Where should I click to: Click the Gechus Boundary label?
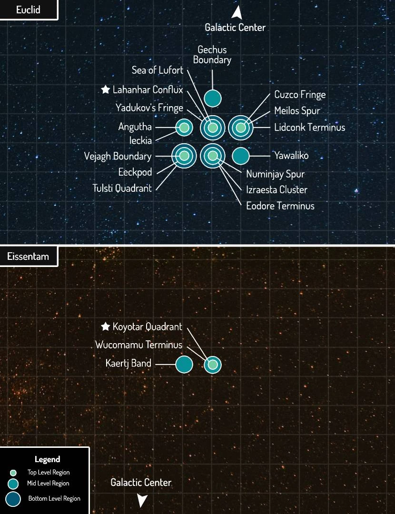[x=212, y=55]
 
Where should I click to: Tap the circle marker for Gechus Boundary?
[x=213, y=98]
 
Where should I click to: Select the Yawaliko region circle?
[x=241, y=156]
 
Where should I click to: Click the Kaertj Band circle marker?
[x=184, y=364]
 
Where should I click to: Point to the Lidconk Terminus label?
[x=309, y=127]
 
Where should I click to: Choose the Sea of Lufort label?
[x=158, y=70]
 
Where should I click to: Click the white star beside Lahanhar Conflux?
[x=106, y=89]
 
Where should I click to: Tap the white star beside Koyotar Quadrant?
[x=106, y=326]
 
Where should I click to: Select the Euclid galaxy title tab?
[x=28, y=10]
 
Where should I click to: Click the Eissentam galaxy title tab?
[x=28, y=257]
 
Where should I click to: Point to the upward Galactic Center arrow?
[x=236, y=12]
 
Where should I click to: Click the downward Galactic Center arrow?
[x=142, y=500]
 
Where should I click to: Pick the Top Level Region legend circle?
[x=13, y=473]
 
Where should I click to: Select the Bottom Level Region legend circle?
[x=13, y=499]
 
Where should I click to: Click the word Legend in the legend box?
[x=47, y=459]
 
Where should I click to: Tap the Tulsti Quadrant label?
[x=122, y=188]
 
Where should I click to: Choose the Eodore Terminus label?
[x=280, y=206]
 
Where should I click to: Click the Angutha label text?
[x=135, y=127]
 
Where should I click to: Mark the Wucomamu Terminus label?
[x=139, y=345]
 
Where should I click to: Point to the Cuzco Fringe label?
[x=300, y=95]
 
